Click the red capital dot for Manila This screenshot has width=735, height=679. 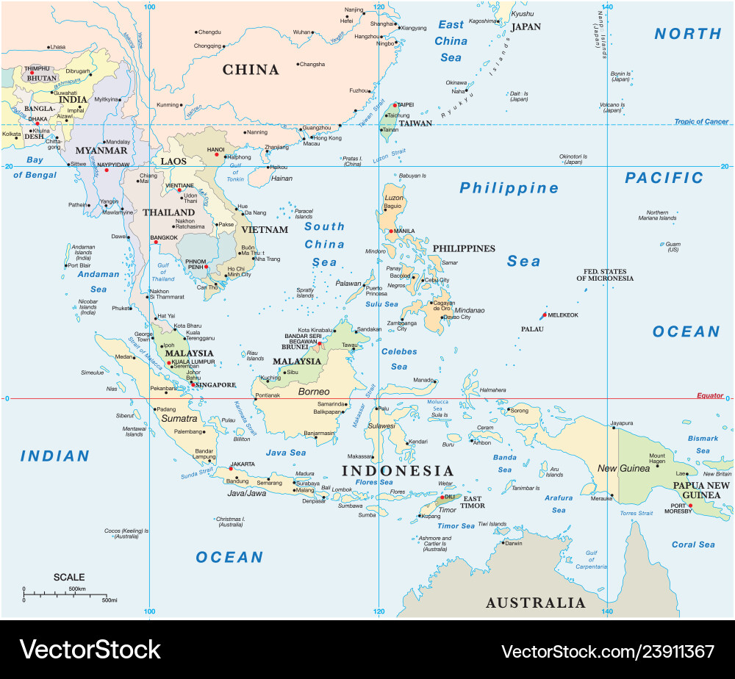point(392,231)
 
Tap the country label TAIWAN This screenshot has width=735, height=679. point(415,123)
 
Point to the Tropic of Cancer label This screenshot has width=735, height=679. point(701,122)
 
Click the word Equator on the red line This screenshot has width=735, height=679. point(710,395)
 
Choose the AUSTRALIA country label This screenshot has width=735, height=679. point(535,603)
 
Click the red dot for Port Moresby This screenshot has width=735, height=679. point(690,505)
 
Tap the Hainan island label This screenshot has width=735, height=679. point(282,179)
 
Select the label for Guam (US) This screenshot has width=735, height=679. point(673,247)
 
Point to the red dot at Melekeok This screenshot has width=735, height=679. point(545,315)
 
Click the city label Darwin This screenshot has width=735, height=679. point(514,543)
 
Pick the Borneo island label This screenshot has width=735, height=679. point(313,392)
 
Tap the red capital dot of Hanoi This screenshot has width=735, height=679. point(216,154)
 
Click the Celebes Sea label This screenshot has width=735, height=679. point(399,359)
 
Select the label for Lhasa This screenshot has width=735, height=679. point(57,47)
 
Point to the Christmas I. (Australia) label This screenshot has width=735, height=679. point(229,522)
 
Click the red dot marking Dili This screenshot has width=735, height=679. point(442,496)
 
